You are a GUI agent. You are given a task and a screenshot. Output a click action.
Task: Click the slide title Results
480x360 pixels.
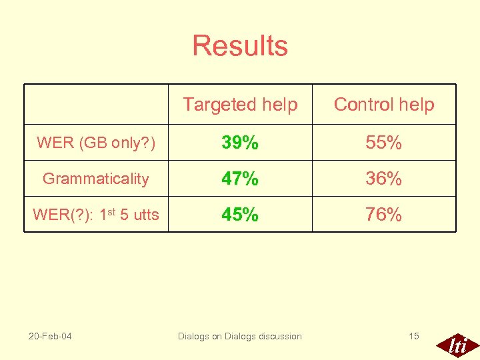point(240,46)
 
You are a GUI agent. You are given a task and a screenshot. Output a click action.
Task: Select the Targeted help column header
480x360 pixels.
point(240,105)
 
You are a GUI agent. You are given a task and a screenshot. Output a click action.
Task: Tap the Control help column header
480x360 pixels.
point(384,105)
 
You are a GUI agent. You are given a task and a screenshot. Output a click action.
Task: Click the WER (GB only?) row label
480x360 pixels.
point(96,143)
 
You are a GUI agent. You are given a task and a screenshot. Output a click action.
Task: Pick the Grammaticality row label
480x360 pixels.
point(96,179)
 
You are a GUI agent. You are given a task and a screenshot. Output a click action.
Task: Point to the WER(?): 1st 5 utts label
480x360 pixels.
point(96,215)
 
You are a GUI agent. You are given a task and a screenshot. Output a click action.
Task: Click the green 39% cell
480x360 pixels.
point(240,143)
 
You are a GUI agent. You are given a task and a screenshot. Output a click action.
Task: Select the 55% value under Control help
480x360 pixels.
point(384,143)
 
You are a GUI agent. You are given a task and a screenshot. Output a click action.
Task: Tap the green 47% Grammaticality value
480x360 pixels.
point(240,179)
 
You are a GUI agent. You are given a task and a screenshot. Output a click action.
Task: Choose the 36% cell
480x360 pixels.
point(384,179)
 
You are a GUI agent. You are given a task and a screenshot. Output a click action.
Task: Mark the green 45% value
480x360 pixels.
point(240,215)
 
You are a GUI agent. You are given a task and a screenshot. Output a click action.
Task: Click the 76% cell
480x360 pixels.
point(384,215)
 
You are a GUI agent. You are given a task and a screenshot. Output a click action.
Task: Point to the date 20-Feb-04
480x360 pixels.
point(50,336)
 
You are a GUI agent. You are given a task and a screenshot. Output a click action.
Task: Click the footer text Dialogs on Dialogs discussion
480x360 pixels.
point(240,336)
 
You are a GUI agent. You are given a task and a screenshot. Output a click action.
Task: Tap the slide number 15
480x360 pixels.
point(413,336)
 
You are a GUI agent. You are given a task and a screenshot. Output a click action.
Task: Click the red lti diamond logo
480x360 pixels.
point(457,344)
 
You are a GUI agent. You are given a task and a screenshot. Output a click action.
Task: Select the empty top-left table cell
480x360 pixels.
point(96,105)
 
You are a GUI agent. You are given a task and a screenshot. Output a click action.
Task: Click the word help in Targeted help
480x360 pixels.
point(280,105)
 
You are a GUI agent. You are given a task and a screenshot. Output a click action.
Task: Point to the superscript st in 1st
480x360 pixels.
point(113,211)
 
